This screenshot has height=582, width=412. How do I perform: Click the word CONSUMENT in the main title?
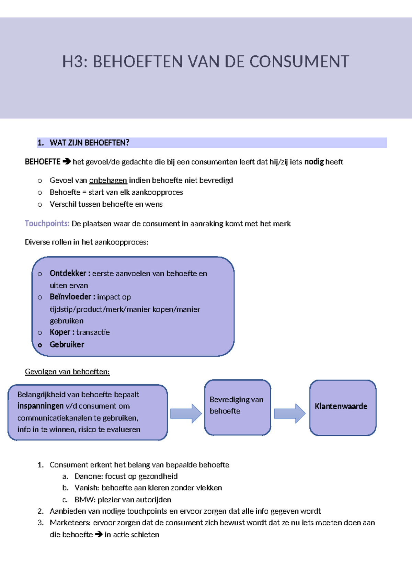tap(299, 62)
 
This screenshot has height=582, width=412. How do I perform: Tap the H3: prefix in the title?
tap(75, 62)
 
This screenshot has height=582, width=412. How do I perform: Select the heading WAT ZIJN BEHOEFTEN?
tap(89, 143)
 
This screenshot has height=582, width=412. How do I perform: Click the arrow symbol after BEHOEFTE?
tap(67, 161)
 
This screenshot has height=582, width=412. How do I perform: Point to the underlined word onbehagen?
tap(108, 180)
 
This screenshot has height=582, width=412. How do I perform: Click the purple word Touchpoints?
tap(47, 224)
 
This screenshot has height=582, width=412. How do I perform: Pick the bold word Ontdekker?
tap(68, 273)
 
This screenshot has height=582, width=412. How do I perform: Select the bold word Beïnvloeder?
tap(70, 297)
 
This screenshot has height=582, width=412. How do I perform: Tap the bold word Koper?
tap(60, 332)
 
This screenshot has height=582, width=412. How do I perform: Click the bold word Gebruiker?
tap(67, 344)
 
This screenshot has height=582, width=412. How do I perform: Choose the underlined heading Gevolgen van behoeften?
tap(67, 372)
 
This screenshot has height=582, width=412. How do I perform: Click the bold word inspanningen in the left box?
tap(41, 406)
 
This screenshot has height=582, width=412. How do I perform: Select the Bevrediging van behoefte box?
tap(238, 408)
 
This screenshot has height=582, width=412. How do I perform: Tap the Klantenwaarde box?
tap(343, 408)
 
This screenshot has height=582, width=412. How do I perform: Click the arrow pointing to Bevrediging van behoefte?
tap(186, 413)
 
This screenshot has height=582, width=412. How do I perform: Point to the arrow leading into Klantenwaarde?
tap(289, 413)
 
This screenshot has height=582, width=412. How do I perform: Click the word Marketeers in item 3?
tap(70, 523)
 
